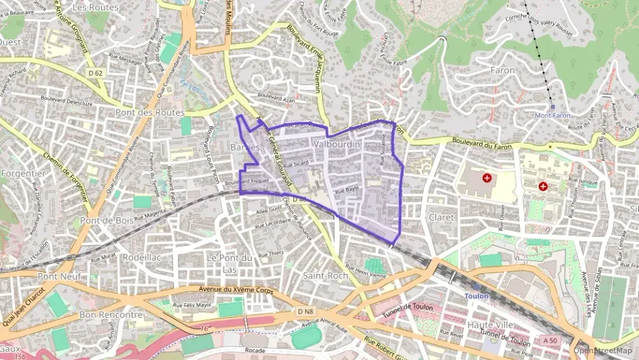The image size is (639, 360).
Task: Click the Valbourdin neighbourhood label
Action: pos(337,145)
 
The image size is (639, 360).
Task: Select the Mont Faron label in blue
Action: pos(552,115)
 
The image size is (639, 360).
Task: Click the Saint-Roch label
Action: pos(325,275)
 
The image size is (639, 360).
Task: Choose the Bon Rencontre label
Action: pos(111,315)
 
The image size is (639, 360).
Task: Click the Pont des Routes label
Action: pos(150,112)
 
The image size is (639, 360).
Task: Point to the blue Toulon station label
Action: pos(477,296)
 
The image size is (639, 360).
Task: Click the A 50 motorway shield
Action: pos(550,340)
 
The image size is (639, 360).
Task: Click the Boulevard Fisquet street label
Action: pos(246,182)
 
